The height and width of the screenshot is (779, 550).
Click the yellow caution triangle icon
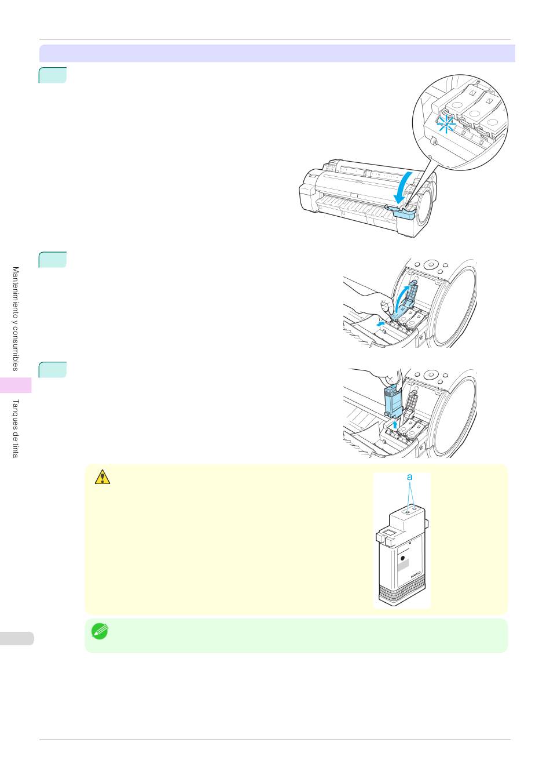(x=102, y=477)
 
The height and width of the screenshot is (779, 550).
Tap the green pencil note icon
(x=100, y=631)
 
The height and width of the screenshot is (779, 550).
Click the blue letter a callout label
(x=410, y=477)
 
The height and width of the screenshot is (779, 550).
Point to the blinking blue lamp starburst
(x=446, y=124)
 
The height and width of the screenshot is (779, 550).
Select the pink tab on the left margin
(x=16, y=385)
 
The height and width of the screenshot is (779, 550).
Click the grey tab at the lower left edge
(x=17, y=639)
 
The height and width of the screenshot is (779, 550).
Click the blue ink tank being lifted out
(x=394, y=401)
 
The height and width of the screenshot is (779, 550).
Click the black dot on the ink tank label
(x=403, y=558)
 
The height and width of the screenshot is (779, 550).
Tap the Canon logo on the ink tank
(x=416, y=574)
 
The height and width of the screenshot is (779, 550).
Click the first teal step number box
(x=53, y=75)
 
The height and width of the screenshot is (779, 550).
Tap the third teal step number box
(x=53, y=370)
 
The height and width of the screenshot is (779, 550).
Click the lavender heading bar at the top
(x=277, y=53)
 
